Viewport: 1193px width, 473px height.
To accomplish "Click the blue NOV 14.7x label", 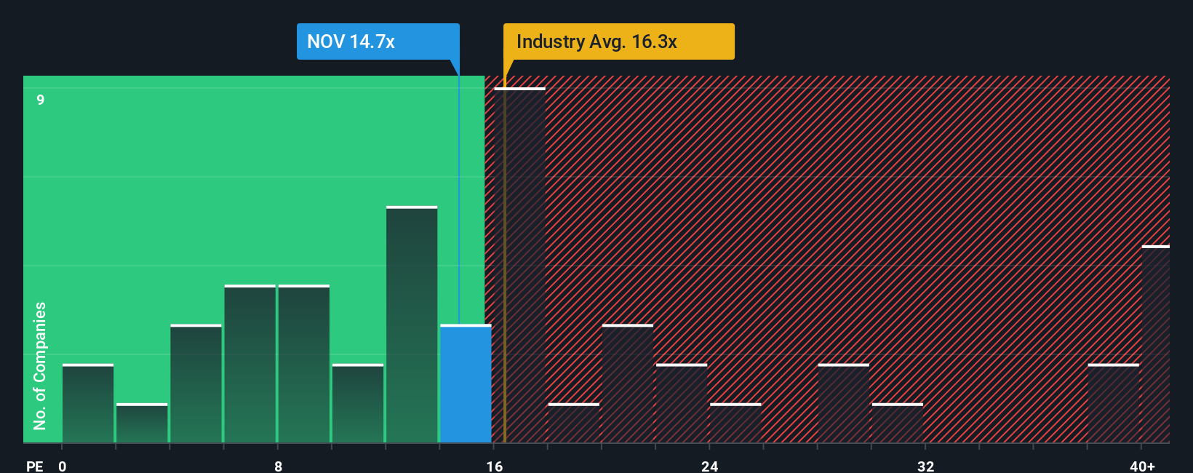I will coord(378,41).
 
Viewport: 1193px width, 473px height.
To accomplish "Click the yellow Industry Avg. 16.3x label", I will coord(618,41).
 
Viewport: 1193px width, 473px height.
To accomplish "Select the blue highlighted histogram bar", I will coord(466,383).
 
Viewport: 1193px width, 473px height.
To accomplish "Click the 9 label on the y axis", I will coord(41,100).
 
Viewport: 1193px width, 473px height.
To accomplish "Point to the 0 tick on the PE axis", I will coord(63,466).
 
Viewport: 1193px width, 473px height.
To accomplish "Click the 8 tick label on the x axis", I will coord(278,466).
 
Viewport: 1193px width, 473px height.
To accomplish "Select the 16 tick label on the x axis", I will coord(494,466).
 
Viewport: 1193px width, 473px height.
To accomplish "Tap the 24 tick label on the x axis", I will coord(709,466).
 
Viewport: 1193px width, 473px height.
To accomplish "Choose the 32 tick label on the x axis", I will coord(925,466).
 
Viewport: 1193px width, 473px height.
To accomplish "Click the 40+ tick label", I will coord(1142,466).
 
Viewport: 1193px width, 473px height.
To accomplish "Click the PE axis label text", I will coord(34,466).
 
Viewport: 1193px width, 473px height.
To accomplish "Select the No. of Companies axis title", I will coord(40,365).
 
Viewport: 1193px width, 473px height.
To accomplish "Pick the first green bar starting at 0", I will coord(88,404).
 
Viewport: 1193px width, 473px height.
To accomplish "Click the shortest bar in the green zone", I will coord(142,424).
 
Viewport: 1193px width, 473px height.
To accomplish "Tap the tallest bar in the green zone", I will coord(412,325).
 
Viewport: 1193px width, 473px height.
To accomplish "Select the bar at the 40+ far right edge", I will coord(1155,344).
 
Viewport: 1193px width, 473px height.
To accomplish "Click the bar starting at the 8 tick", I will coord(304,364).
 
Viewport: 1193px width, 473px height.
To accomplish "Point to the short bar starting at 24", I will coord(735,424).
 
